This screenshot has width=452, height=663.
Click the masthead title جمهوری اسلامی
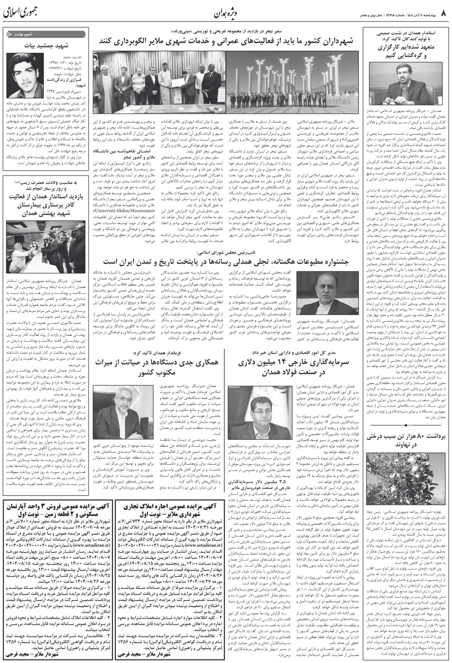[x=22, y=10]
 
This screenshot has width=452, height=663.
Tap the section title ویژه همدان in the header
[x=230, y=10]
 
